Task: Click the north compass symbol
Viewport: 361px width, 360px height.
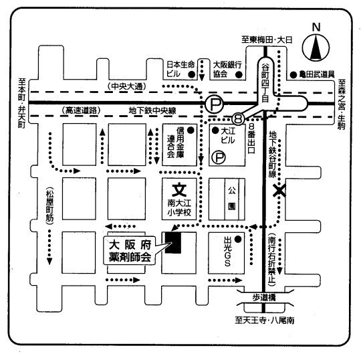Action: click(x=316, y=48)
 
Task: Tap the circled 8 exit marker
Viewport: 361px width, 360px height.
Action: click(x=238, y=119)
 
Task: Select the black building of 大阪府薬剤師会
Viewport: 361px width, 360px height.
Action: click(x=173, y=243)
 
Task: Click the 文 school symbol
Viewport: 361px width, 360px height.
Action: click(x=179, y=190)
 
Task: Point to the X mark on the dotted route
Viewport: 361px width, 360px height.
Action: click(x=279, y=190)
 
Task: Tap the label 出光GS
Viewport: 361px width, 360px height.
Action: click(x=227, y=252)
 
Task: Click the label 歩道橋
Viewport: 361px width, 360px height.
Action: click(x=264, y=298)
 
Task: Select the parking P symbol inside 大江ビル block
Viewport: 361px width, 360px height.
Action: click(x=219, y=157)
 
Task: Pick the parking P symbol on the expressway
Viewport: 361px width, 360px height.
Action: click(x=215, y=104)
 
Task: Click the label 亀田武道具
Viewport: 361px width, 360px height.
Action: click(x=317, y=74)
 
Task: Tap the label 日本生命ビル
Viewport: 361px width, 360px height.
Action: click(x=180, y=69)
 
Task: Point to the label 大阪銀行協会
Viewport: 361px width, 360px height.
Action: click(x=227, y=70)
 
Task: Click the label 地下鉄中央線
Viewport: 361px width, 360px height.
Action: click(x=152, y=110)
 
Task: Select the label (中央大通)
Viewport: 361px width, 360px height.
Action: click(x=126, y=86)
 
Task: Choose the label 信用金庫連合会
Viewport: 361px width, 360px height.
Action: click(x=176, y=143)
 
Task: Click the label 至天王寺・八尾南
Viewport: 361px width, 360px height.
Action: click(x=265, y=321)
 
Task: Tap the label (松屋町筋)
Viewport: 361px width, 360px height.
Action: click(x=49, y=205)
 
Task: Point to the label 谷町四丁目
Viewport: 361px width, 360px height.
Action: click(x=265, y=83)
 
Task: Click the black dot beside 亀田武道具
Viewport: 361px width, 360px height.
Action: click(x=293, y=75)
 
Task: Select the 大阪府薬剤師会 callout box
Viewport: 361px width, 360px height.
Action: click(x=130, y=250)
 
